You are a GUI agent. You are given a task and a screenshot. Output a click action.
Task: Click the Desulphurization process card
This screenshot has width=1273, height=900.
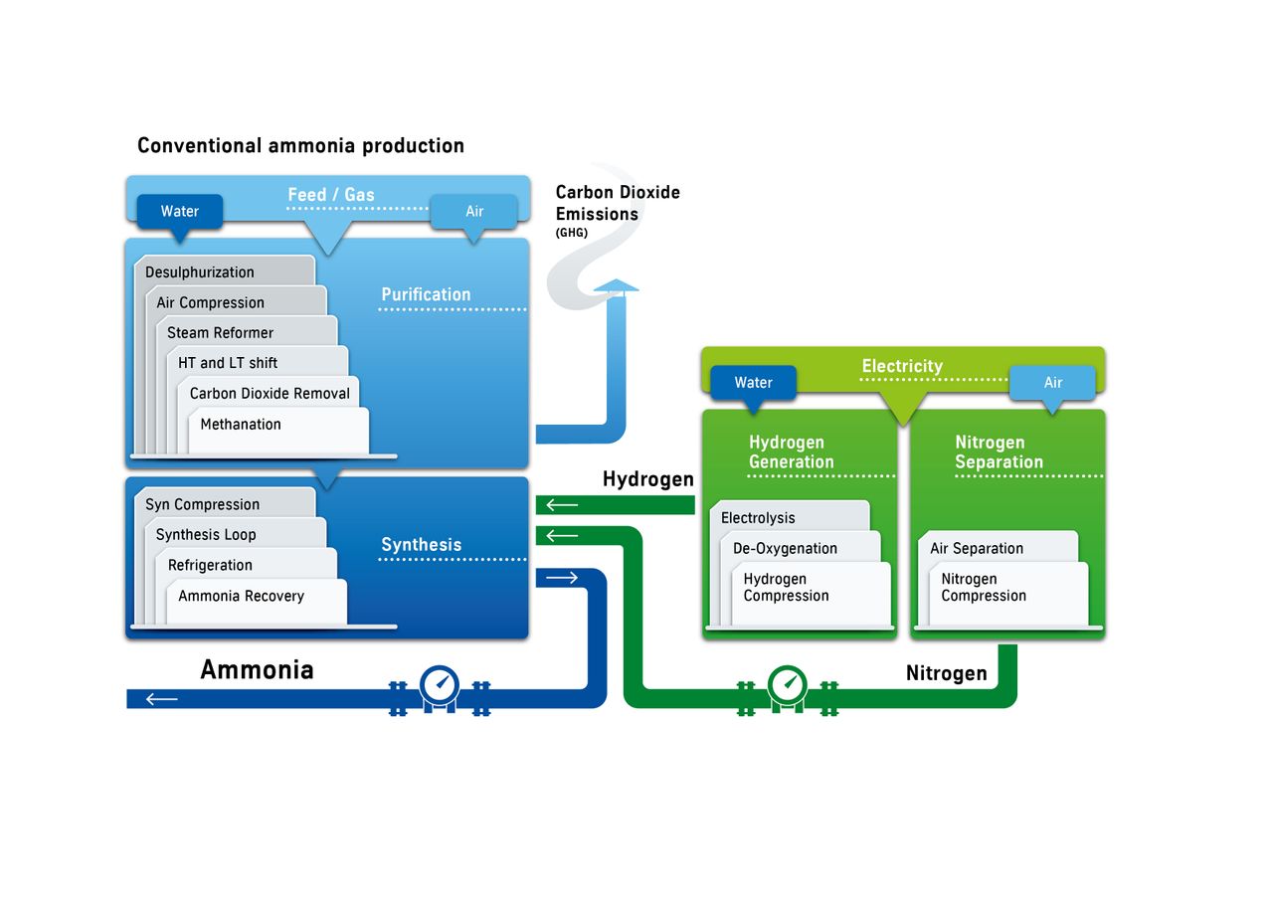(200, 272)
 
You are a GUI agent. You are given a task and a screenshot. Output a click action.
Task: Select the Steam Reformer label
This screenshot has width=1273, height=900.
(220, 333)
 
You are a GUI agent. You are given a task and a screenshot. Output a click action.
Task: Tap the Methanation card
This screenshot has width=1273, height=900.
(241, 425)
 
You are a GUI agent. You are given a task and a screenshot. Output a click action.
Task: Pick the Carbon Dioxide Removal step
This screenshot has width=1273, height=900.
(270, 394)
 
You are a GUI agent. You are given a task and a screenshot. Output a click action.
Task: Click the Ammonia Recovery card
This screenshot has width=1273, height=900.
(241, 597)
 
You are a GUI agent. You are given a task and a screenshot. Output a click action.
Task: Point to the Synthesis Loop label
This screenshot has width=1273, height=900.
(206, 535)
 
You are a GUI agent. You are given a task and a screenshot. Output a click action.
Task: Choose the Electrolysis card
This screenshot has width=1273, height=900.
(758, 518)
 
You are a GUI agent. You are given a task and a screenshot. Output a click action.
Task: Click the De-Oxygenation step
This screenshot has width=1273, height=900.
(785, 549)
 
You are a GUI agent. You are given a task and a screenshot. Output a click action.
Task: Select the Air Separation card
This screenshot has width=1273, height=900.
(977, 549)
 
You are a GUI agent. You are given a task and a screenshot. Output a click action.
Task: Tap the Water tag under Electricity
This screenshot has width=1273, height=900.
(753, 383)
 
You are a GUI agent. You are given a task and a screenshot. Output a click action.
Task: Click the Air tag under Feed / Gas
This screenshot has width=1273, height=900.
(474, 211)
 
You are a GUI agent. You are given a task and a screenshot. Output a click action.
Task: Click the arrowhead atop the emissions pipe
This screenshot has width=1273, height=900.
(617, 286)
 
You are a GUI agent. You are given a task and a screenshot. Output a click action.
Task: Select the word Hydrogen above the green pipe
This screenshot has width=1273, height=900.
(647, 479)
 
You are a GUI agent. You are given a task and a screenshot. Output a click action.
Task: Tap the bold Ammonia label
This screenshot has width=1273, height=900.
(257, 669)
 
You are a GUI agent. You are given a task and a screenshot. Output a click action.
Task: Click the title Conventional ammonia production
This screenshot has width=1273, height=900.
(300, 146)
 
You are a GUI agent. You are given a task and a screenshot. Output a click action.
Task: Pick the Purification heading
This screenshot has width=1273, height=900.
(426, 294)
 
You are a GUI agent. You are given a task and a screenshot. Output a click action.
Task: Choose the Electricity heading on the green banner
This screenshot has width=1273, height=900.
(902, 366)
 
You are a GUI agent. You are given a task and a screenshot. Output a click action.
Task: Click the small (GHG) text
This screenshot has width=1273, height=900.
(572, 233)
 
